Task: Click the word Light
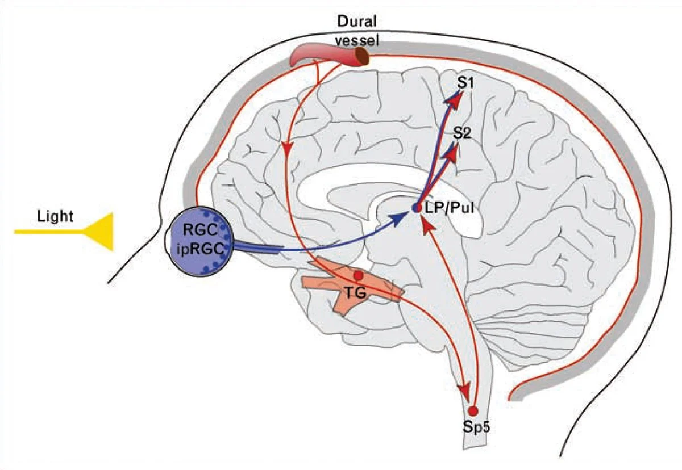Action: point(55,216)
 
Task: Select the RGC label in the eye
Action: point(200,230)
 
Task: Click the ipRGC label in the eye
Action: point(200,249)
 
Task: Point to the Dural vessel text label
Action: point(357,31)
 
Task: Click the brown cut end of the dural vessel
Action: point(363,57)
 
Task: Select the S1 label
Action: point(465,82)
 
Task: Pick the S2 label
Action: point(462,133)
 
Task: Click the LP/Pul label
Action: point(449,208)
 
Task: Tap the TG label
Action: point(356,293)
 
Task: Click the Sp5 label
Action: point(476,427)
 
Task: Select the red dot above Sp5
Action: point(473,411)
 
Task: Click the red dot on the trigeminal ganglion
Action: point(359,275)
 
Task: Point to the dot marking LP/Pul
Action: point(417,208)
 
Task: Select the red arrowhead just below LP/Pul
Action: point(428,226)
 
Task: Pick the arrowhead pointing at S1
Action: point(455,99)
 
